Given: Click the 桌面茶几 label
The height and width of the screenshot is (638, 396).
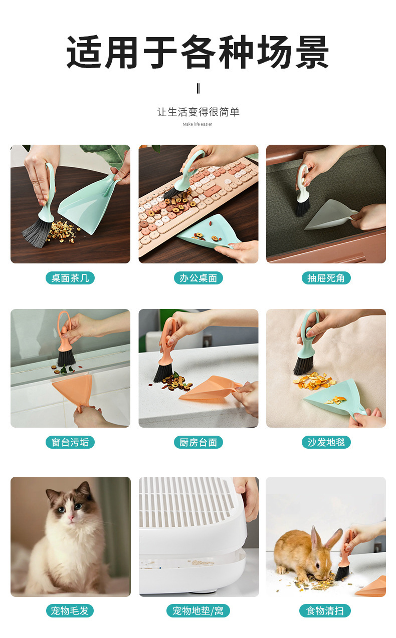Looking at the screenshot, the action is pos(70,278).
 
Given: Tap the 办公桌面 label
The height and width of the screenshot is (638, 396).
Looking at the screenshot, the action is pos(198,278).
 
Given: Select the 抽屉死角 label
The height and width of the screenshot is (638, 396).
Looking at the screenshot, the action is pos(326,278).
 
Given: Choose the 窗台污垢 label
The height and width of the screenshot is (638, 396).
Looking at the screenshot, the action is pos(70,442).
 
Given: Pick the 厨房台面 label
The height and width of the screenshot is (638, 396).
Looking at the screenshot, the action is pos(198,442).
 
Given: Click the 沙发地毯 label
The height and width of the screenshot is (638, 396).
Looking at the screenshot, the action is pos(326,442).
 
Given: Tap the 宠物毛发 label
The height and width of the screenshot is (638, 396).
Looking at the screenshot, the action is pos(70,611).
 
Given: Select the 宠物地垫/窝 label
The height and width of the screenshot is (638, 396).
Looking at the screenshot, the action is pos(198,611).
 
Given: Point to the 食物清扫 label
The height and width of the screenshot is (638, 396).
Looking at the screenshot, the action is pos(325,611).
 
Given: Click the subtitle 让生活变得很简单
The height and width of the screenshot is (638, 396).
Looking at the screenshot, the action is pos(198,112).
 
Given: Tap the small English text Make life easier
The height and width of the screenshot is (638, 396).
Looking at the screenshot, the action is pos(197,124).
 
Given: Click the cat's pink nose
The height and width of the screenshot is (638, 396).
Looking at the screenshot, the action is pos(70,517).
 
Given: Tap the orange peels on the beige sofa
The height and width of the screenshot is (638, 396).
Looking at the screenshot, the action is pos(313,381).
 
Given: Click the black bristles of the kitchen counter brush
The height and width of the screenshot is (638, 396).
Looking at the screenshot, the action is pos(163,372).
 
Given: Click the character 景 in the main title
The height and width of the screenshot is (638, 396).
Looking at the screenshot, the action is pos(312,52).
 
